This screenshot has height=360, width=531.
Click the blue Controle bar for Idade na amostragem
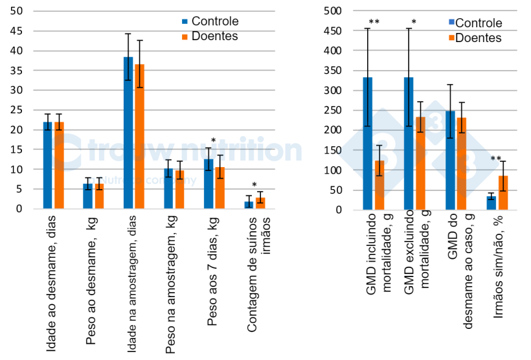[128, 133]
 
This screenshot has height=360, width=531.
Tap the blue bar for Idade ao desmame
[48, 165]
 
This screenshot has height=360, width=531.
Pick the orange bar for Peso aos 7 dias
[220, 188]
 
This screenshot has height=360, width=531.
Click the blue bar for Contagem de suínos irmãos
[248, 205]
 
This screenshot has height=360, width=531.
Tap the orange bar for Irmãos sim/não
[503, 192]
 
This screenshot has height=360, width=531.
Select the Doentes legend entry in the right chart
[477, 38]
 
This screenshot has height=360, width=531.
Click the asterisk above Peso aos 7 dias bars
[213, 141]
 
